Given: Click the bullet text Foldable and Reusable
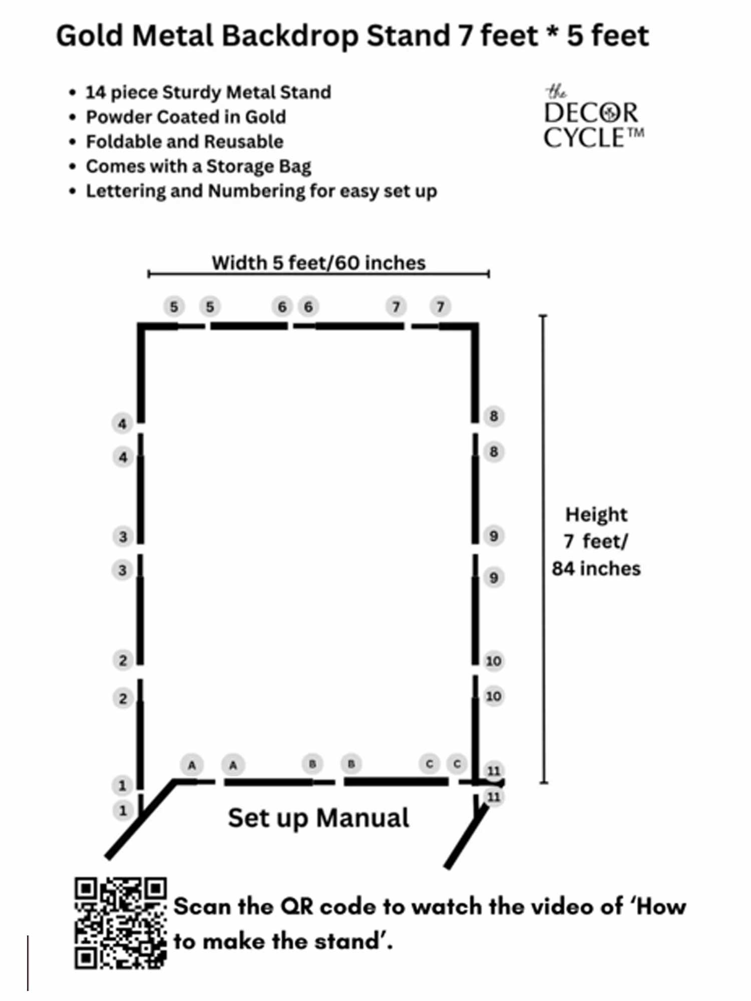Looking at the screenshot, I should coord(185,142).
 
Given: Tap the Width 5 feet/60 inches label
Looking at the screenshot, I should coord(318,263).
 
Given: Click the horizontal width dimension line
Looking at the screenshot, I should coord(318,274).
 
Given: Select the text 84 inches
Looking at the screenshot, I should coord(596,569).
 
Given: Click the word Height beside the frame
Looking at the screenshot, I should coord(596,515).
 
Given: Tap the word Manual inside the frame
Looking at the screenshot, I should coord(362,818).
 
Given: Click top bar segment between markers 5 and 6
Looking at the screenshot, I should coord(249,326).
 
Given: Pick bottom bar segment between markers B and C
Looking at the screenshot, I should coord(396,782).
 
